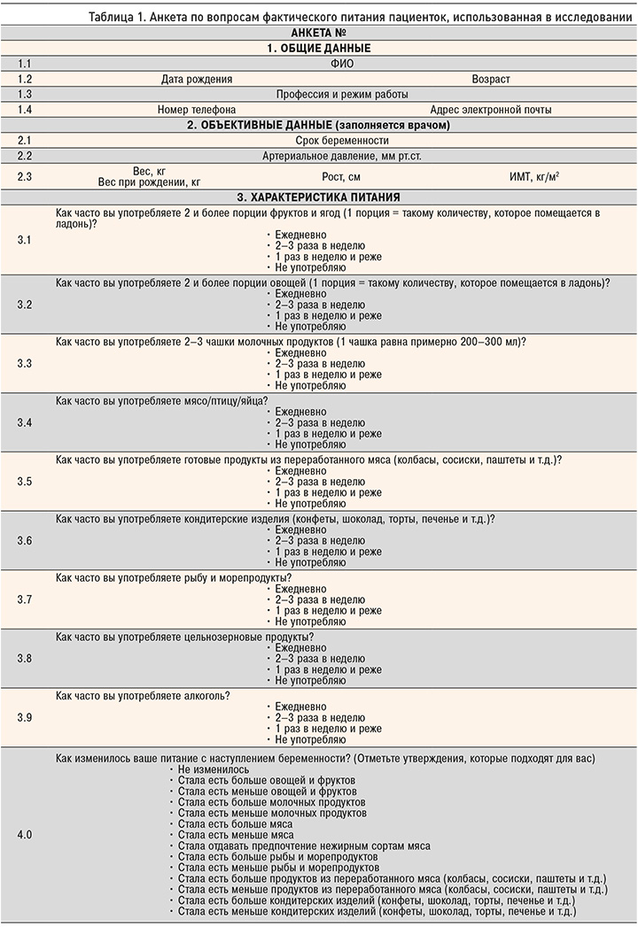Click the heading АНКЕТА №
pos(318,33)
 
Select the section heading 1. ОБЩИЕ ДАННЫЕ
pos(318,48)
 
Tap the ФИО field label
pos(341,64)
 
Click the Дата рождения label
pos(197,79)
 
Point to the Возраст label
pos(491,79)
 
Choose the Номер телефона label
pos(197,110)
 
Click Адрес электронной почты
pos(491,110)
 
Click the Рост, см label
pos(341,176)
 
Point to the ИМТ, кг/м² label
pos(533,176)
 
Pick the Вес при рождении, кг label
pos(150,182)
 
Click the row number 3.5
pos(25,482)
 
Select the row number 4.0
pos(25,835)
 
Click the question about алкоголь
pos(143,696)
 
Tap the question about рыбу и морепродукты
pos(174,578)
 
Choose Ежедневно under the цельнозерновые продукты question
pos(301,648)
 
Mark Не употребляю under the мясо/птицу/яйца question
pos(310,444)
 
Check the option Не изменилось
pos(213,770)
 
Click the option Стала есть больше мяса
pos(228,823)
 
